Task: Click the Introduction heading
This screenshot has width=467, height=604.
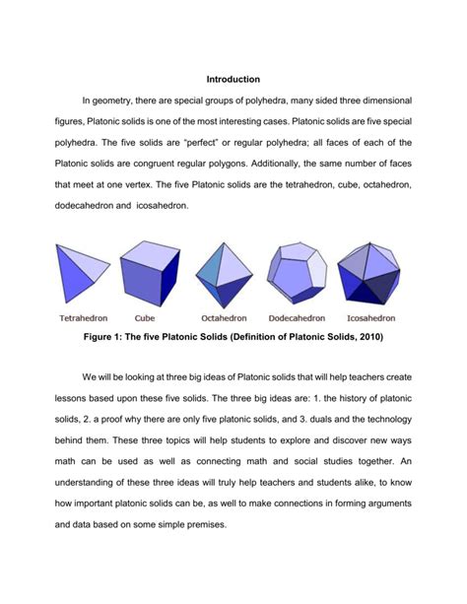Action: point(233,78)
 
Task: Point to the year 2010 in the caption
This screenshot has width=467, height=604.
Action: point(379,337)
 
